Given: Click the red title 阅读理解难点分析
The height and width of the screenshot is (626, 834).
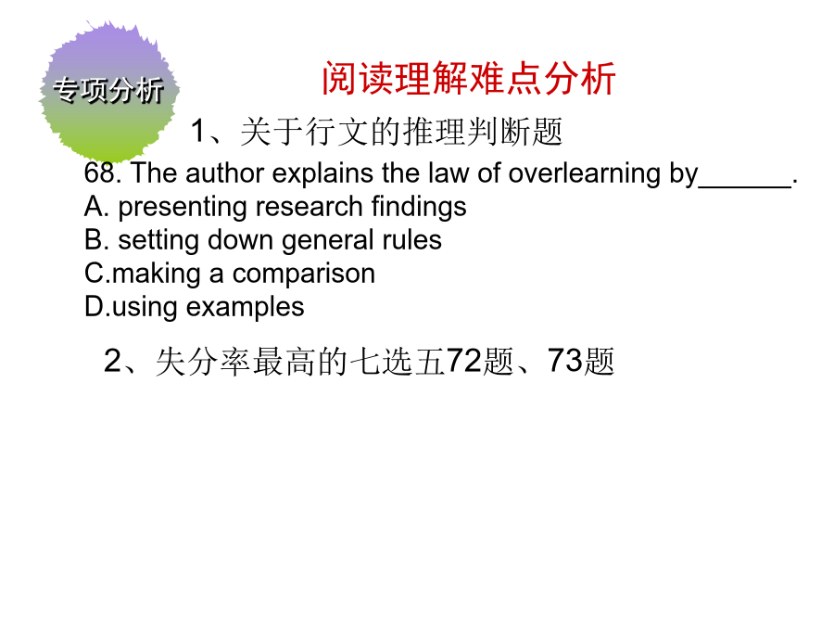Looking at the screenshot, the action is tap(469, 78).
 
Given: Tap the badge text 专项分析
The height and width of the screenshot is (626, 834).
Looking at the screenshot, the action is tap(108, 89).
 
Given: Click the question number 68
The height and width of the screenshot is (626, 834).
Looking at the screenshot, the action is tap(100, 173).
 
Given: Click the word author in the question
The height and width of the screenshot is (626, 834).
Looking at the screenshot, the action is tap(225, 173).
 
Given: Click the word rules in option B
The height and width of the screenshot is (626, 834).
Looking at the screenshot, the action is tap(411, 240).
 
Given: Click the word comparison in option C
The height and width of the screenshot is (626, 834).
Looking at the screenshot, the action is tap(304, 275).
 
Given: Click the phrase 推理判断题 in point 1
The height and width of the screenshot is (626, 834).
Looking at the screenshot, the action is tap(483, 132).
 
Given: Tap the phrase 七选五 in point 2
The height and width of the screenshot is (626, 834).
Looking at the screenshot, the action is tap(397, 362).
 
